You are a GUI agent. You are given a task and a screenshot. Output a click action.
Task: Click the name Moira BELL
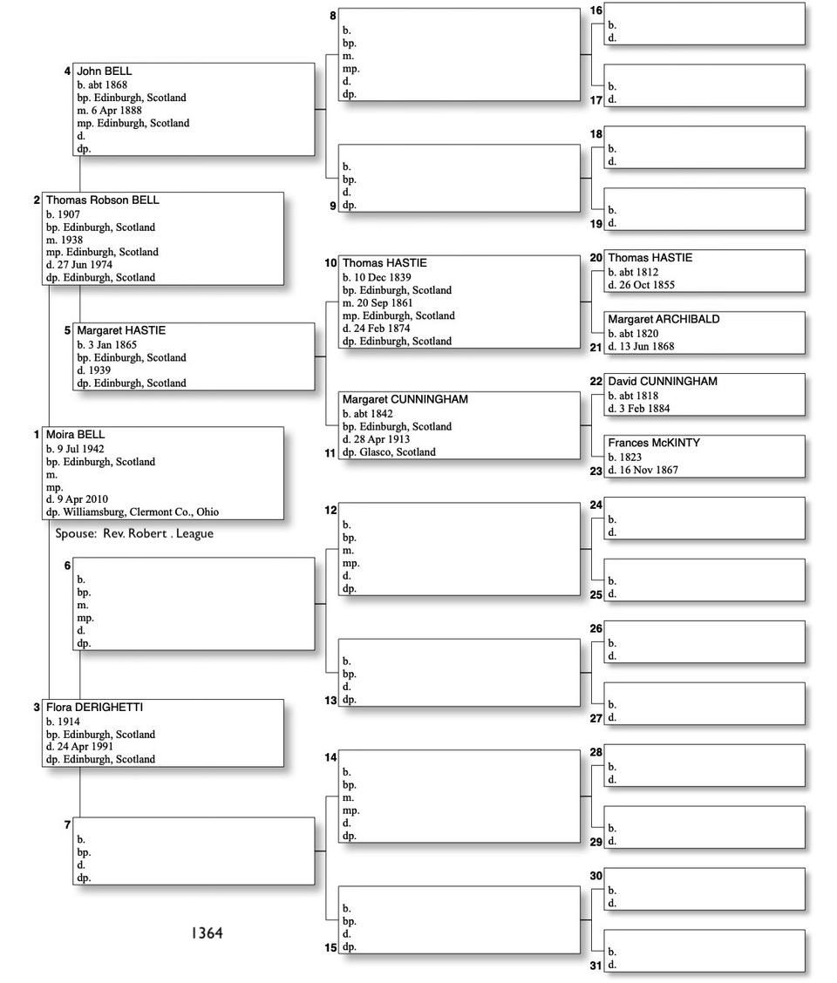click(x=76, y=435)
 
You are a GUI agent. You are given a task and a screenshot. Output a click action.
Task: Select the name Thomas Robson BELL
click(x=103, y=200)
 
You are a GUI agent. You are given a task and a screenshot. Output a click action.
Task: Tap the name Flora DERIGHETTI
click(x=94, y=708)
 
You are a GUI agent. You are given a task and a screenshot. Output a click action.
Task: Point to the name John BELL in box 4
click(x=105, y=71)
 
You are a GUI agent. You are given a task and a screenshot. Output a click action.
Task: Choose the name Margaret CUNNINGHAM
click(x=405, y=400)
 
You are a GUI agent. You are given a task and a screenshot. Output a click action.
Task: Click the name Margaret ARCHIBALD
click(x=663, y=320)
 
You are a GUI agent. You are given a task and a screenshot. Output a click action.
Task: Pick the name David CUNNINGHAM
click(x=663, y=382)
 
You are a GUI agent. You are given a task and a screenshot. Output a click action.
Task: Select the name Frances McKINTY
click(x=654, y=444)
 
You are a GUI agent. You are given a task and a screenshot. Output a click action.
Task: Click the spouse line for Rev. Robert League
click(x=134, y=533)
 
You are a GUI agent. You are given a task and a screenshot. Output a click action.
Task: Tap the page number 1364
click(x=207, y=933)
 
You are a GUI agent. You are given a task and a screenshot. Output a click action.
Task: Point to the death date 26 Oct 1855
click(x=645, y=285)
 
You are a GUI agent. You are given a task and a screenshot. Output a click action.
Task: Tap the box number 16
click(x=596, y=11)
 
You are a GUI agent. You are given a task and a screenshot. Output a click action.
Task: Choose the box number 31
click(x=596, y=966)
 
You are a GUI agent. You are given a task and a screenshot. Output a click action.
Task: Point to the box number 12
click(x=330, y=510)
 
